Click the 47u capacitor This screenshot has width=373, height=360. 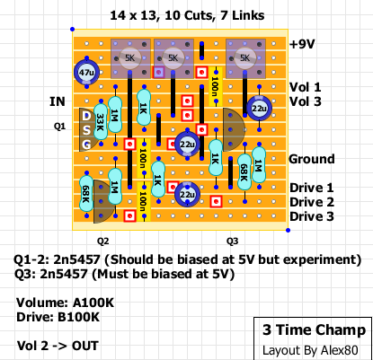(x=86, y=72)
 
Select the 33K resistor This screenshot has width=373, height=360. (x=101, y=122)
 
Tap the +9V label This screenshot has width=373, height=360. (x=302, y=44)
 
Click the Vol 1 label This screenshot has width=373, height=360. (x=305, y=87)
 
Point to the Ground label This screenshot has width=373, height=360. (x=312, y=159)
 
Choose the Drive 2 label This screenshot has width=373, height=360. (x=312, y=202)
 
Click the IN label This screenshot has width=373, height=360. (x=58, y=101)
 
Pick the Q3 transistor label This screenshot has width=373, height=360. (x=232, y=241)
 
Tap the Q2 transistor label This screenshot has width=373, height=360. (x=102, y=241)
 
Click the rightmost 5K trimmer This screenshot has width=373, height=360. (x=245, y=58)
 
